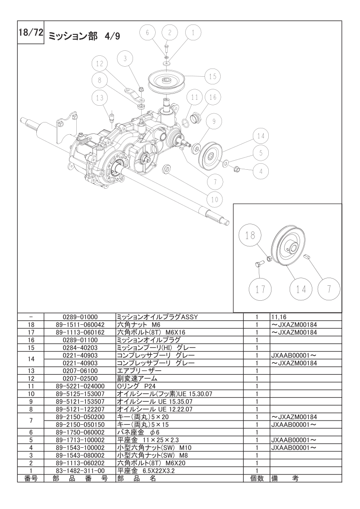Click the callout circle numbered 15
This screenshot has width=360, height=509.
[212, 77]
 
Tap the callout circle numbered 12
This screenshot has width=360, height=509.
[99, 64]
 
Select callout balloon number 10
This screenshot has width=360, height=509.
[215, 199]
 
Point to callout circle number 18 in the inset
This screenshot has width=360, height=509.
[250, 235]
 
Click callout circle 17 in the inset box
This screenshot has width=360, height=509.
[260, 289]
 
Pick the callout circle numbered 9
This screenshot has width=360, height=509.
[214, 122]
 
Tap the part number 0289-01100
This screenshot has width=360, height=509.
[80, 340]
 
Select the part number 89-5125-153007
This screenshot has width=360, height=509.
[80, 394]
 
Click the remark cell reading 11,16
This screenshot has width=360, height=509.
[278, 317]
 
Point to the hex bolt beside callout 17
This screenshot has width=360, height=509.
[259, 264]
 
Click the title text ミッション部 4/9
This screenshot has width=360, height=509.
[84, 36]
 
